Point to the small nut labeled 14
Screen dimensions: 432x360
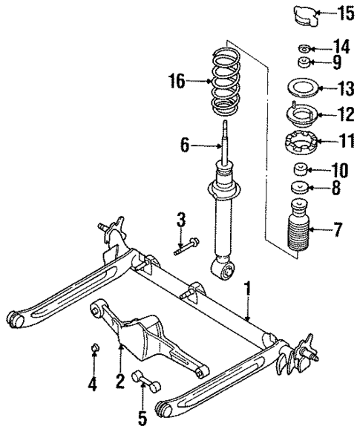coord(303,49)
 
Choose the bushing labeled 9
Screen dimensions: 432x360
coord(303,62)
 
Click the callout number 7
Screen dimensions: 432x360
coord(338,229)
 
